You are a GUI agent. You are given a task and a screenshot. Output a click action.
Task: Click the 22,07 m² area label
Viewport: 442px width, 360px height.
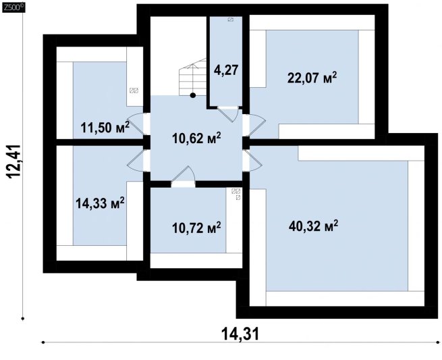tap(312, 78)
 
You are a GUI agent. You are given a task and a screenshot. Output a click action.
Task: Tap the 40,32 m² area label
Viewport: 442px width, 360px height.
tap(313, 226)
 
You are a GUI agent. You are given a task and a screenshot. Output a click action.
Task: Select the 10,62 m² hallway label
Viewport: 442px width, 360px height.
tap(196, 138)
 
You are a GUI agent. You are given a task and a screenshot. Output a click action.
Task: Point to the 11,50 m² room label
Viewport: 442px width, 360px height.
tap(105, 128)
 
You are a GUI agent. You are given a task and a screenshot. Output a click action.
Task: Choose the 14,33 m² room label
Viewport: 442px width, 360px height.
tap(100, 203)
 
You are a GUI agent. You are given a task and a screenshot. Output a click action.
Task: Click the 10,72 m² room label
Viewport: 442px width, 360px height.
tap(196, 228)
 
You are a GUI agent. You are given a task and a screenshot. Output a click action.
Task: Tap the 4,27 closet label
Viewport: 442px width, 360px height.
tap(226, 70)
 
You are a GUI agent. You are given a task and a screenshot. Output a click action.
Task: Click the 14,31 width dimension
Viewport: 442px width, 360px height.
tap(240, 334)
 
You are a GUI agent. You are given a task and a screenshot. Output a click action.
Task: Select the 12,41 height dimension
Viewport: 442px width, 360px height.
tap(14, 161)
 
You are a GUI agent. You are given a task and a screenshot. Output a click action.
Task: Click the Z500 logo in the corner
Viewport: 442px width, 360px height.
tap(13, 8)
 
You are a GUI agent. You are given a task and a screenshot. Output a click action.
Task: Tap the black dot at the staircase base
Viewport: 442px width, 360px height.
tap(193, 95)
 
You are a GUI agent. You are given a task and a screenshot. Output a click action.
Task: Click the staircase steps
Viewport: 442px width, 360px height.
tap(193, 77)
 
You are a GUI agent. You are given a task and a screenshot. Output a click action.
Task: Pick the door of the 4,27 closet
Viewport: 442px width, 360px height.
tap(228, 114)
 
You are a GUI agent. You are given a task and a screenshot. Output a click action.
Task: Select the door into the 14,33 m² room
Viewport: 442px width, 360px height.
tap(136, 160)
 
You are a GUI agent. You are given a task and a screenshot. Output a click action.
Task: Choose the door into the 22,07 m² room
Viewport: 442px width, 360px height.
tap(254, 124)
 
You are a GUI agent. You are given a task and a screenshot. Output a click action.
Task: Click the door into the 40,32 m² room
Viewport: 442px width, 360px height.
tap(254, 160)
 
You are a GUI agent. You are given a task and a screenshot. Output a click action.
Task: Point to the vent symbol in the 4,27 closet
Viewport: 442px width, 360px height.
tap(231, 20)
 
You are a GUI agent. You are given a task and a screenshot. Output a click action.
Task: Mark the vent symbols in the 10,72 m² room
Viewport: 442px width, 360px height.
tap(236, 194)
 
